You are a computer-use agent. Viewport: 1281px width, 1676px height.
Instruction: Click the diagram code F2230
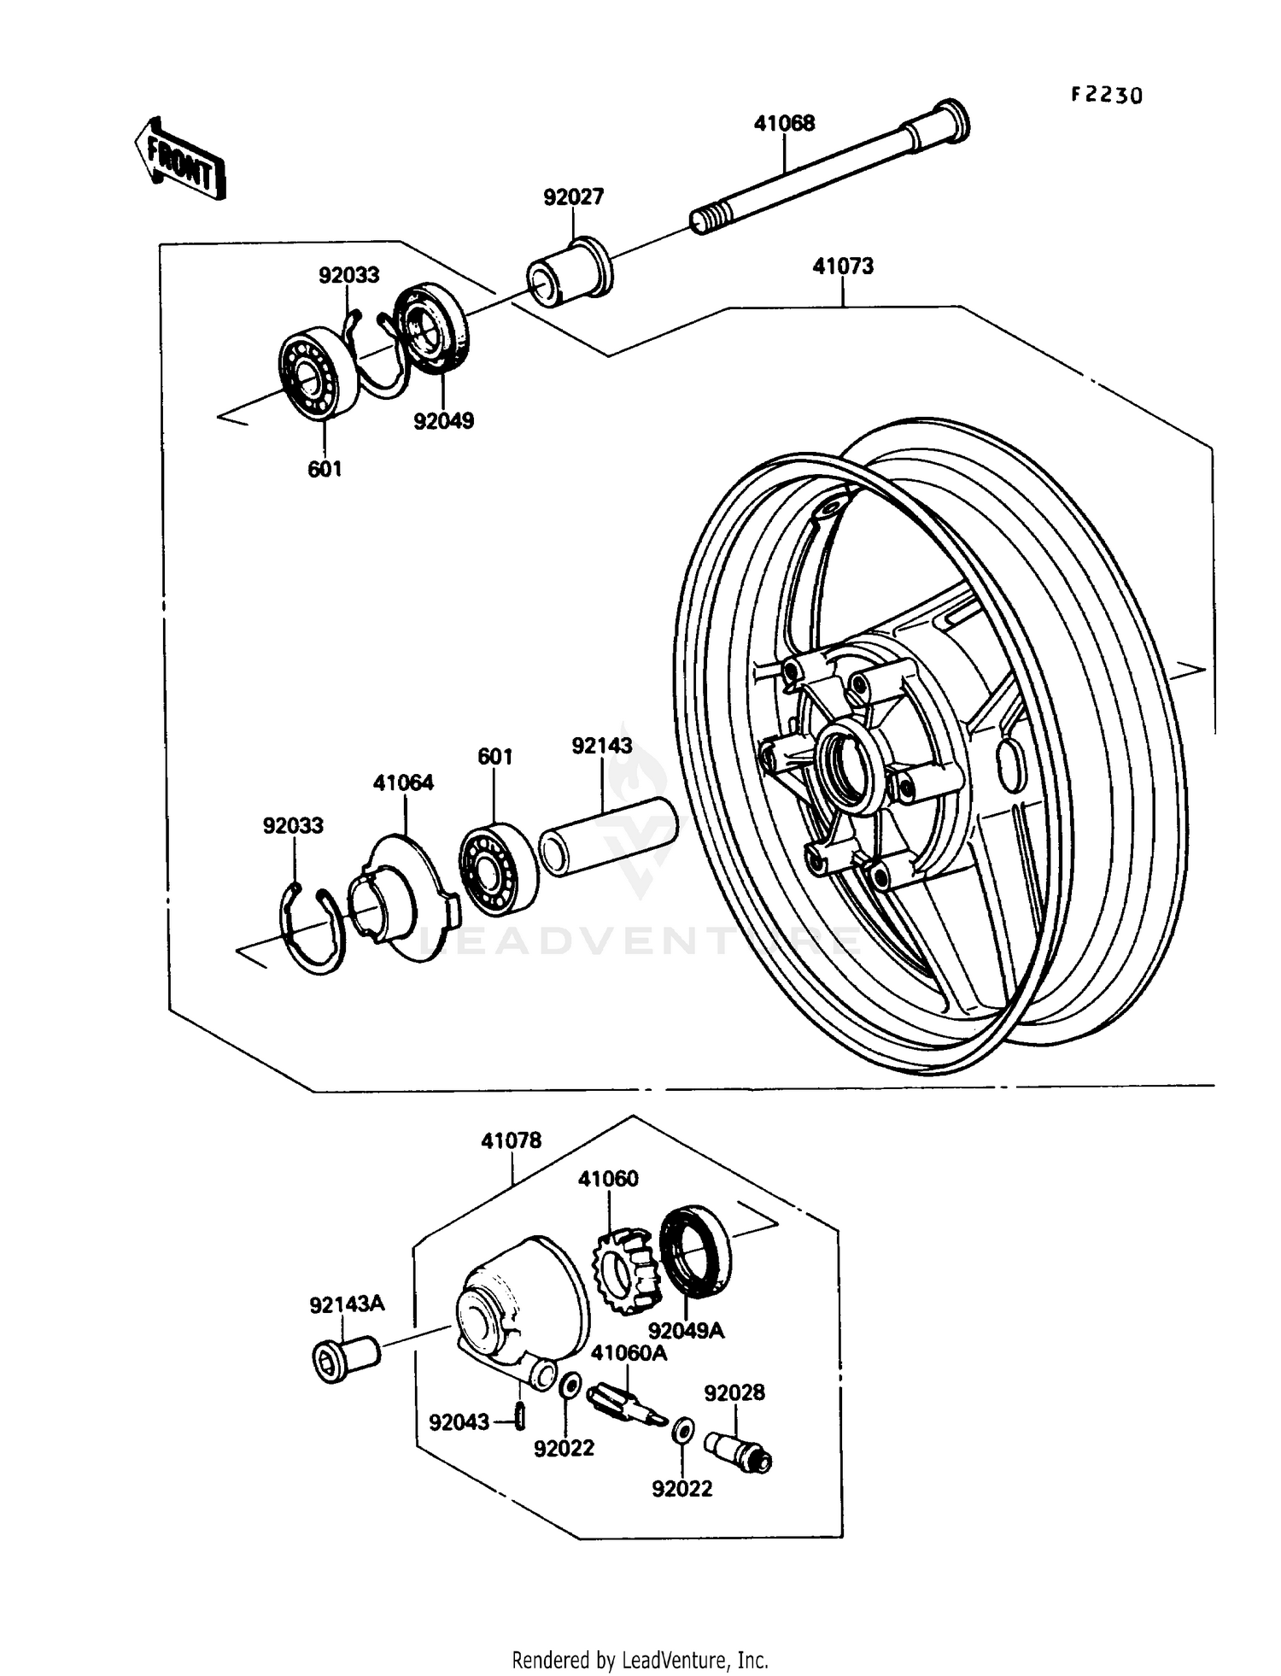coord(1106,95)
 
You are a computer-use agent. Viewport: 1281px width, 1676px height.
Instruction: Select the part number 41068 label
coord(783,123)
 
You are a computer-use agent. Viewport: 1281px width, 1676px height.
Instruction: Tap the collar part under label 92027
coord(567,269)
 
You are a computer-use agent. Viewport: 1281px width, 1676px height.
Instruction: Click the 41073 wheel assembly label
coord(842,267)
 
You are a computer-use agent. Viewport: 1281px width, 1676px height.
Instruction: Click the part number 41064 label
coord(403,782)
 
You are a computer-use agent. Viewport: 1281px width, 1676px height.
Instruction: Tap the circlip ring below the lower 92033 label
coord(313,930)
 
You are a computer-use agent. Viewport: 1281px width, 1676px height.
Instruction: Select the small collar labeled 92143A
coord(344,1359)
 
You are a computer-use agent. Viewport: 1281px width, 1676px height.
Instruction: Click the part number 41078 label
coord(511,1140)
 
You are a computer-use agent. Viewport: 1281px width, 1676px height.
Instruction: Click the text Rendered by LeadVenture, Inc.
coord(640,1660)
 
